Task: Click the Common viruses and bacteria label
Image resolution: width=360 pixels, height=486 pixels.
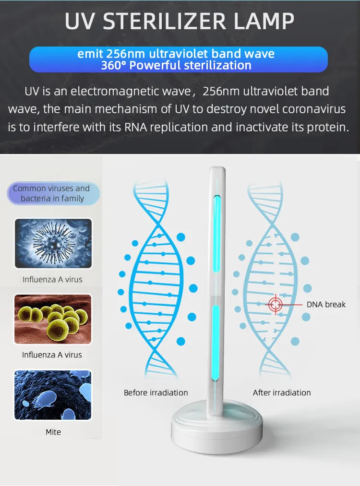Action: tap(53, 193)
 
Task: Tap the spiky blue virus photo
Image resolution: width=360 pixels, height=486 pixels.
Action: tap(53, 243)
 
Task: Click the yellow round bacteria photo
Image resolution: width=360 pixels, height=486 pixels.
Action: tap(53, 319)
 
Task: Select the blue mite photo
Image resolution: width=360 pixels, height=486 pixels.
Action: tap(53, 395)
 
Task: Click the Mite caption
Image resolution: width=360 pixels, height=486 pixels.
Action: tap(53, 432)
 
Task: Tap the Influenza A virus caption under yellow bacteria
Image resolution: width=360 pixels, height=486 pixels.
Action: tap(52, 355)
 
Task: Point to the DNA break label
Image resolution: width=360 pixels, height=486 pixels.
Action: tap(326, 305)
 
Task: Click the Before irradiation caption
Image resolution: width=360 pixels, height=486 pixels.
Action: tap(156, 393)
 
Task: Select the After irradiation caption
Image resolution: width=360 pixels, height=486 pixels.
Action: tap(282, 393)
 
